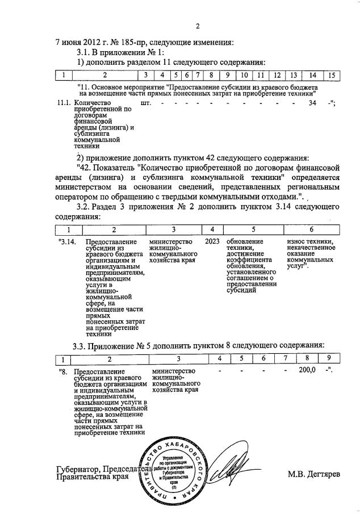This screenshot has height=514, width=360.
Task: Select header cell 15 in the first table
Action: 332,75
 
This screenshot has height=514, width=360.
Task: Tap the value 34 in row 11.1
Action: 312,103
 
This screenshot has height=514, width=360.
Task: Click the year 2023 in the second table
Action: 212,243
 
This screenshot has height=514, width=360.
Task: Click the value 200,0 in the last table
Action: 307,370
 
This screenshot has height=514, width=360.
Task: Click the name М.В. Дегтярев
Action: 313,474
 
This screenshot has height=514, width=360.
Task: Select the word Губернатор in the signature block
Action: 79,469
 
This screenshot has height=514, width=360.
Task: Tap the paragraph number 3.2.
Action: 85,208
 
